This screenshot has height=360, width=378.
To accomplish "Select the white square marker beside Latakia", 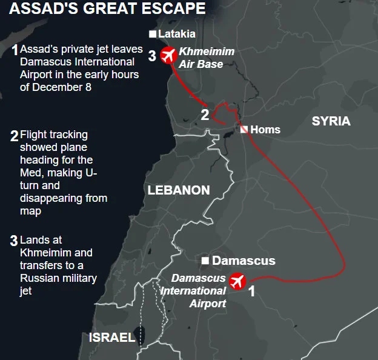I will [153, 34].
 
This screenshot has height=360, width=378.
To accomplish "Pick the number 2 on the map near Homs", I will [205, 115].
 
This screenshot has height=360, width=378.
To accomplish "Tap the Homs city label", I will [265, 129].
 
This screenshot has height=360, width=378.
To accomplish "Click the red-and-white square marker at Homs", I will [244, 129].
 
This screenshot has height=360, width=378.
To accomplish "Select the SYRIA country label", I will [331, 121].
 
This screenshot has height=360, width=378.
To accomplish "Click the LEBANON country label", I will [179, 190].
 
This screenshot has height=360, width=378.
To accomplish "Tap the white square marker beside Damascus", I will [206, 261].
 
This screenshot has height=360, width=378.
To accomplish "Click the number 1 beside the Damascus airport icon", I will [252, 292].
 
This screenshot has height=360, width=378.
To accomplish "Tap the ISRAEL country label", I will [112, 338].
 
